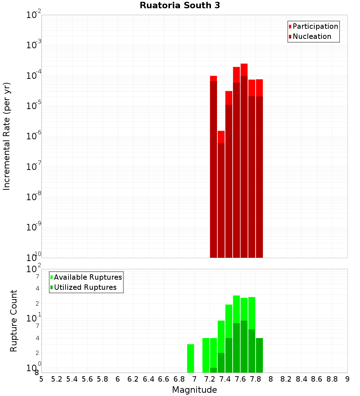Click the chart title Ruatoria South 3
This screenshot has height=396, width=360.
coord(180,6)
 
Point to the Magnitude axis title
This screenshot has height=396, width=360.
coord(194,390)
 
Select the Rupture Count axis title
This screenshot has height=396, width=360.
coord(14,321)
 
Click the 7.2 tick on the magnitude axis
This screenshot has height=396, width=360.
coord(210,379)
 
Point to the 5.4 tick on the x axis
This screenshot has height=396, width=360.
coord(72,379)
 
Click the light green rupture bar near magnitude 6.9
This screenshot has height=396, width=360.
coord(190,358)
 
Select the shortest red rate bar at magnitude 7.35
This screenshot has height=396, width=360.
coord(221,194)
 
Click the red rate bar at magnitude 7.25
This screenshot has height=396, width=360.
coord(213,166)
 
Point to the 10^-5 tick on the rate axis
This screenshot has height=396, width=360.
coord(34,106)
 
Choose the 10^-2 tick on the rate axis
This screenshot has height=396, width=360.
coord(34,15)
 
